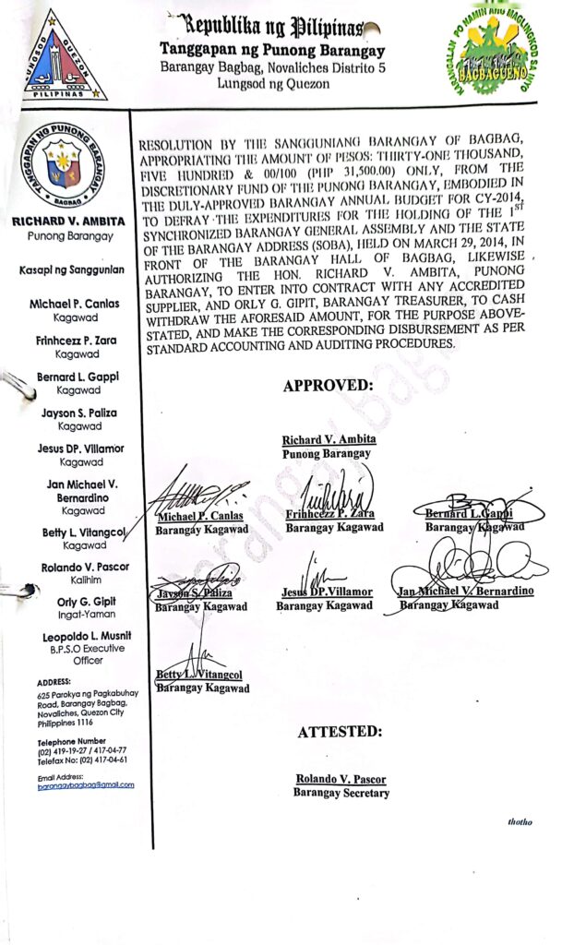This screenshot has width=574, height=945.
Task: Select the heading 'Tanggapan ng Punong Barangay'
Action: [272, 50]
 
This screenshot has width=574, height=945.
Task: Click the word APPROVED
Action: [328, 386]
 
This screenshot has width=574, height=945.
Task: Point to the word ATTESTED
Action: [340, 732]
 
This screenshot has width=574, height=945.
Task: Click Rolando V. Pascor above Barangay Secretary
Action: [340, 779]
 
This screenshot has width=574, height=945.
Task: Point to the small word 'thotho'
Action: [520, 821]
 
